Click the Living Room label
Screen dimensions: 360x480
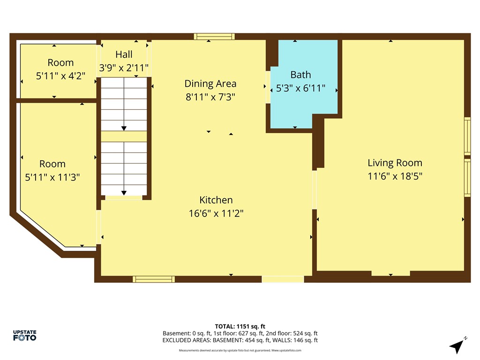pyautogui.click(x=395, y=163)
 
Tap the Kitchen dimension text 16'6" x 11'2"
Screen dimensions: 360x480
pyautogui.click(x=216, y=213)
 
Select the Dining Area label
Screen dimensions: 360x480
pyautogui.click(x=210, y=83)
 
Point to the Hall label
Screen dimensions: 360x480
pyautogui.click(x=124, y=54)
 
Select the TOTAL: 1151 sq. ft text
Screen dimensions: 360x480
pyautogui.click(x=240, y=326)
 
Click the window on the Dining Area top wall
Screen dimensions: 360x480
pyautogui.click(x=214, y=36)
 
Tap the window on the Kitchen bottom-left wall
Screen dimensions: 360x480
pyautogui.click(x=154, y=279)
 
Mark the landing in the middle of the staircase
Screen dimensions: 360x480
pyautogui.click(x=124, y=136)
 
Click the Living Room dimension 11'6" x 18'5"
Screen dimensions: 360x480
pyautogui.click(x=395, y=176)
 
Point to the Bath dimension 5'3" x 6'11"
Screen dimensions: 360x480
pyautogui.click(x=300, y=88)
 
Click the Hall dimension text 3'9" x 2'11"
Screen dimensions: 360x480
pyautogui.click(x=124, y=68)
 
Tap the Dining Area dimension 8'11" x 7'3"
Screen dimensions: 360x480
pyautogui.click(x=210, y=97)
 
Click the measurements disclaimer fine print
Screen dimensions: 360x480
pyautogui.click(x=240, y=350)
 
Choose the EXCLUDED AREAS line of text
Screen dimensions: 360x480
pyautogui.click(x=240, y=340)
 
